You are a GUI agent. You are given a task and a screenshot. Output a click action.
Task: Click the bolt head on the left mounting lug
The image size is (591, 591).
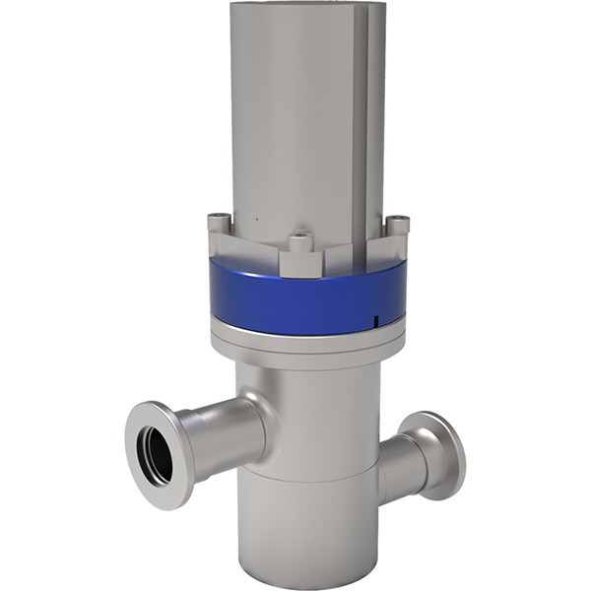[219, 221]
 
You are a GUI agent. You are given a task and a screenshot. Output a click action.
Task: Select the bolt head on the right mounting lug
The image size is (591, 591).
[396, 224]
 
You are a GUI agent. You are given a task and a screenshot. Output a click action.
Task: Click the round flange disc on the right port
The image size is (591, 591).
[434, 452]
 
